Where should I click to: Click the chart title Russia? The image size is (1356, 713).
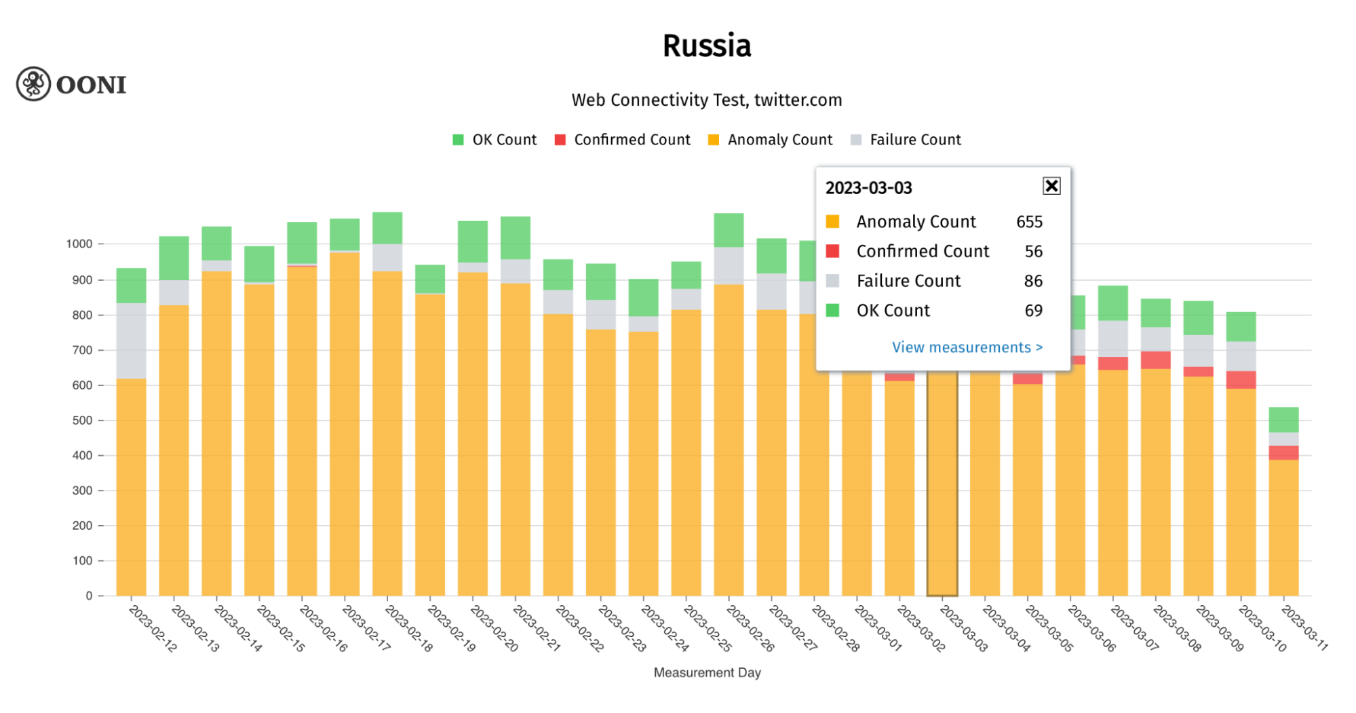(706, 46)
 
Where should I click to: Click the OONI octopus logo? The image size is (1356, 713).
(34, 84)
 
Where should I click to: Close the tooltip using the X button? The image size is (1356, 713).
(1051, 186)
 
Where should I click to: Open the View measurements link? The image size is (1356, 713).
(967, 347)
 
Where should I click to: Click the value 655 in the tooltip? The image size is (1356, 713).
(1029, 222)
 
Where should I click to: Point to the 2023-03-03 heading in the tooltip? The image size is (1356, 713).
(868, 188)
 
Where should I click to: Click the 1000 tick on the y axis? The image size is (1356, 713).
(79, 244)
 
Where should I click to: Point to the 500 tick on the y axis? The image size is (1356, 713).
(82, 421)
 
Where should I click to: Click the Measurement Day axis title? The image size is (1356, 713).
(707, 672)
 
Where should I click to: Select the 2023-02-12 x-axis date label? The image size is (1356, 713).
(153, 629)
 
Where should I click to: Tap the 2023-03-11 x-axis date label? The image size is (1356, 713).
(1303, 628)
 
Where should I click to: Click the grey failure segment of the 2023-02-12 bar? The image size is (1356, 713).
(131, 341)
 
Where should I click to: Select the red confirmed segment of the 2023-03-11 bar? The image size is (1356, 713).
(1283, 452)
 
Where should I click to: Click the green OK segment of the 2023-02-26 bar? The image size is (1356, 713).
(729, 230)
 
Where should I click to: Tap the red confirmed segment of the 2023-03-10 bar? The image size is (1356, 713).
(1241, 380)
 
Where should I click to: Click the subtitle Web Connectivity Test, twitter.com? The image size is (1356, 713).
(706, 100)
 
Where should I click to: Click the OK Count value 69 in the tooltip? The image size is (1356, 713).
(1033, 311)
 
